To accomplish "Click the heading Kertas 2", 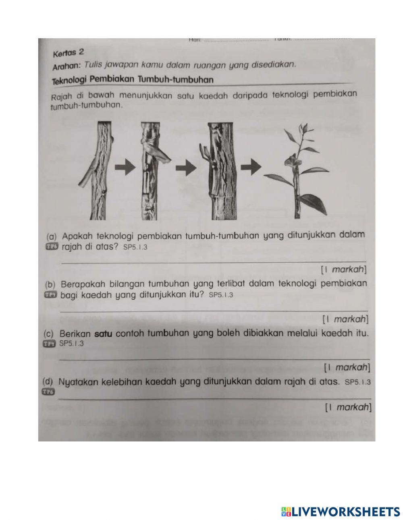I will pyautogui.click(x=68, y=52).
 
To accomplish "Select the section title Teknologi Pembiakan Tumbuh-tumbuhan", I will pyautogui.click(x=133, y=80).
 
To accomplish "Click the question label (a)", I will pyautogui.click(x=51, y=236).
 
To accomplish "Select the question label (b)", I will pyautogui.click(x=50, y=284).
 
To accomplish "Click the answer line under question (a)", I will pyautogui.click(x=214, y=262).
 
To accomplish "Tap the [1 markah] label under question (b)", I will pyautogui.click(x=345, y=319).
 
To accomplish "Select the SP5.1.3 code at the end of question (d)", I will pyautogui.click(x=358, y=381).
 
